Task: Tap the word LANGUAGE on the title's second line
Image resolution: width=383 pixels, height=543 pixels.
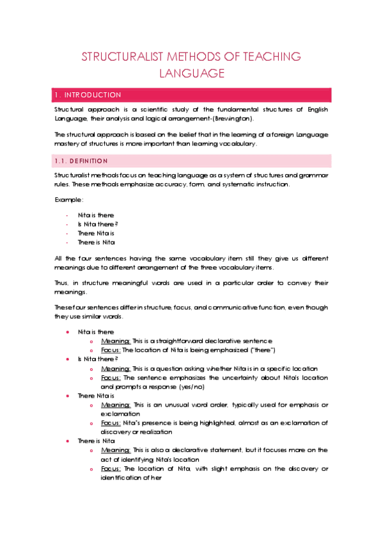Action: point(191,74)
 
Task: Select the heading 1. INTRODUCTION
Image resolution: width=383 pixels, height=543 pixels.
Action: point(88,95)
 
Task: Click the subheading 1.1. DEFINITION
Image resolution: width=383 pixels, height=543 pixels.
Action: point(81,160)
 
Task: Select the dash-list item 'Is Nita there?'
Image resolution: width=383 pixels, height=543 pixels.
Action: point(98,225)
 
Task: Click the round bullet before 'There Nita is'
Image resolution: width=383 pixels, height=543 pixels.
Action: point(68,396)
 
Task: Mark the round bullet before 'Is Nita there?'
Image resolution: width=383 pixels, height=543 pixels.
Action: point(68,360)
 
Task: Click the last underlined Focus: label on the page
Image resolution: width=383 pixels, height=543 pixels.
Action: point(110,469)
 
